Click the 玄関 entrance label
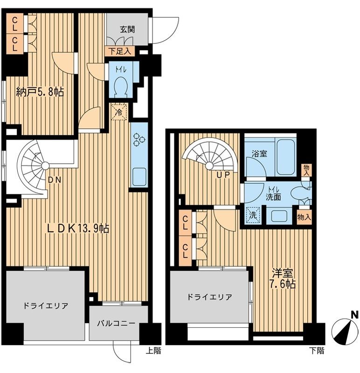pos(127,29)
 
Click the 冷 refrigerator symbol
pos(119,112)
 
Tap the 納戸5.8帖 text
pos(39,92)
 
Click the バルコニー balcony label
pos(116,323)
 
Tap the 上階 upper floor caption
pos(155,351)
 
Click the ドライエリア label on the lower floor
pos(210,297)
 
